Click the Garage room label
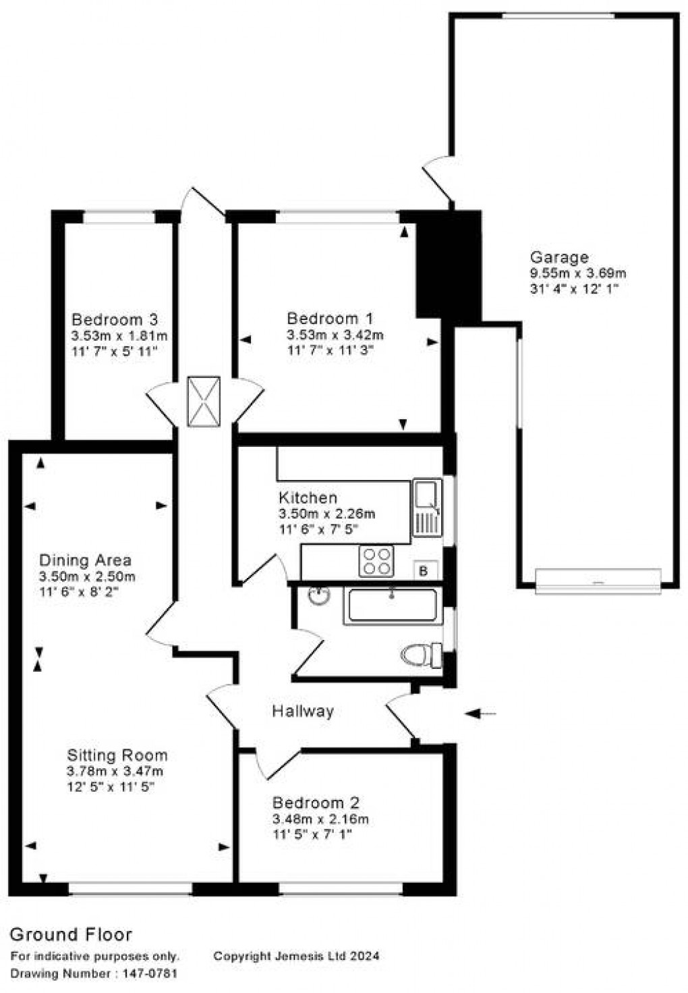558,257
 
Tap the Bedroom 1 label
330,319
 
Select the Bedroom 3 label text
115,319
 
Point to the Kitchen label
308,498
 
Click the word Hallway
303,711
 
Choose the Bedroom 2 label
315,803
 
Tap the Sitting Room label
117,755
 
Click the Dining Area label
85,560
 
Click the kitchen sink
427,507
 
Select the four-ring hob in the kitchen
376,561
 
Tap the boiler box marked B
424,571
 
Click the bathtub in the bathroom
391,606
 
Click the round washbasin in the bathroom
318,596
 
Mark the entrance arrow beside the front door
481,713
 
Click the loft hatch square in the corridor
203,401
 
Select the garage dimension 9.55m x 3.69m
578,273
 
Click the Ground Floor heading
71,934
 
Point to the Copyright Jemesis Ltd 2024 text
296,956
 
